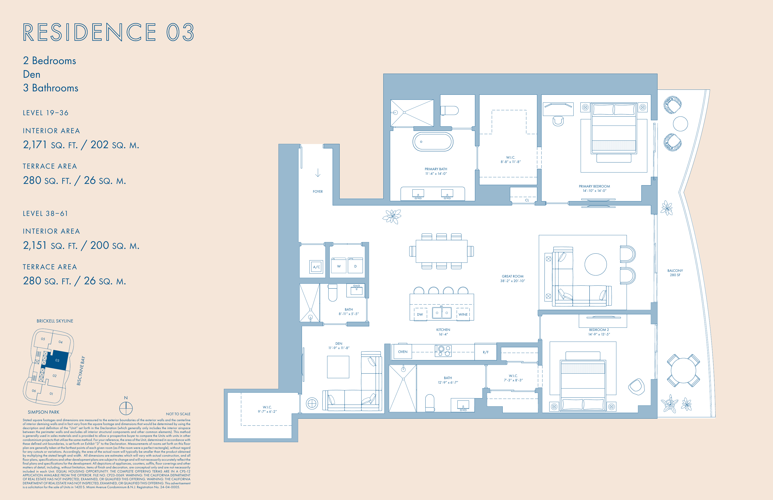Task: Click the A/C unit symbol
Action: point(316,267)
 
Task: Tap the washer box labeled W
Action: point(339,266)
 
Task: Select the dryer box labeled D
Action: point(355,266)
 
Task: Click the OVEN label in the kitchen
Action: point(403,352)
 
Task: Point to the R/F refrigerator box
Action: point(486,352)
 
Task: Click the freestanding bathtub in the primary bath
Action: point(433,142)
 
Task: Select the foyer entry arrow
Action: point(318,173)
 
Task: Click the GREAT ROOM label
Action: point(512,276)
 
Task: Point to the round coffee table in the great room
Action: point(596,264)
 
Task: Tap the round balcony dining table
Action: point(683,370)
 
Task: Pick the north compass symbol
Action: point(126,408)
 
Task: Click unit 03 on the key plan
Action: point(57,360)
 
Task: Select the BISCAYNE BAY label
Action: point(81,371)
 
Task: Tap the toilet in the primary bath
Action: point(449,111)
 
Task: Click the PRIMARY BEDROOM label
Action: point(594,186)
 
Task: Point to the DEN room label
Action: point(339,343)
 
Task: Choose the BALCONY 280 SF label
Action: point(675,273)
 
